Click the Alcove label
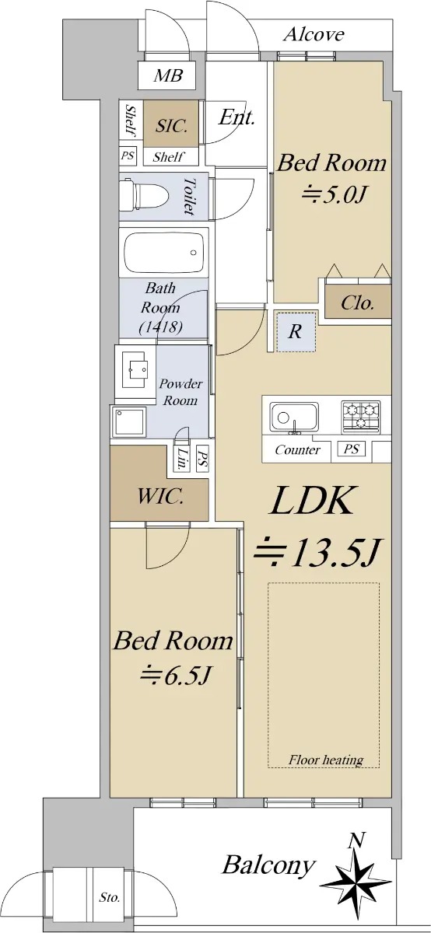coord(314,35)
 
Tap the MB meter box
coord(167,75)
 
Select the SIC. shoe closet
coord(171,124)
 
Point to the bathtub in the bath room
coord(163,252)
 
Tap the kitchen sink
coord(294,417)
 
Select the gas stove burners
coord(361,415)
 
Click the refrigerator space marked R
coord(296,332)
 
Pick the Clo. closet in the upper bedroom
coord(358,302)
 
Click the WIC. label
coord(160,498)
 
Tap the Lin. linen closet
coord(182,458)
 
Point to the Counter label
coord(298,450)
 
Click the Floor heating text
coord(326,760)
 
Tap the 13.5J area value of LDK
coord(317,552)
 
